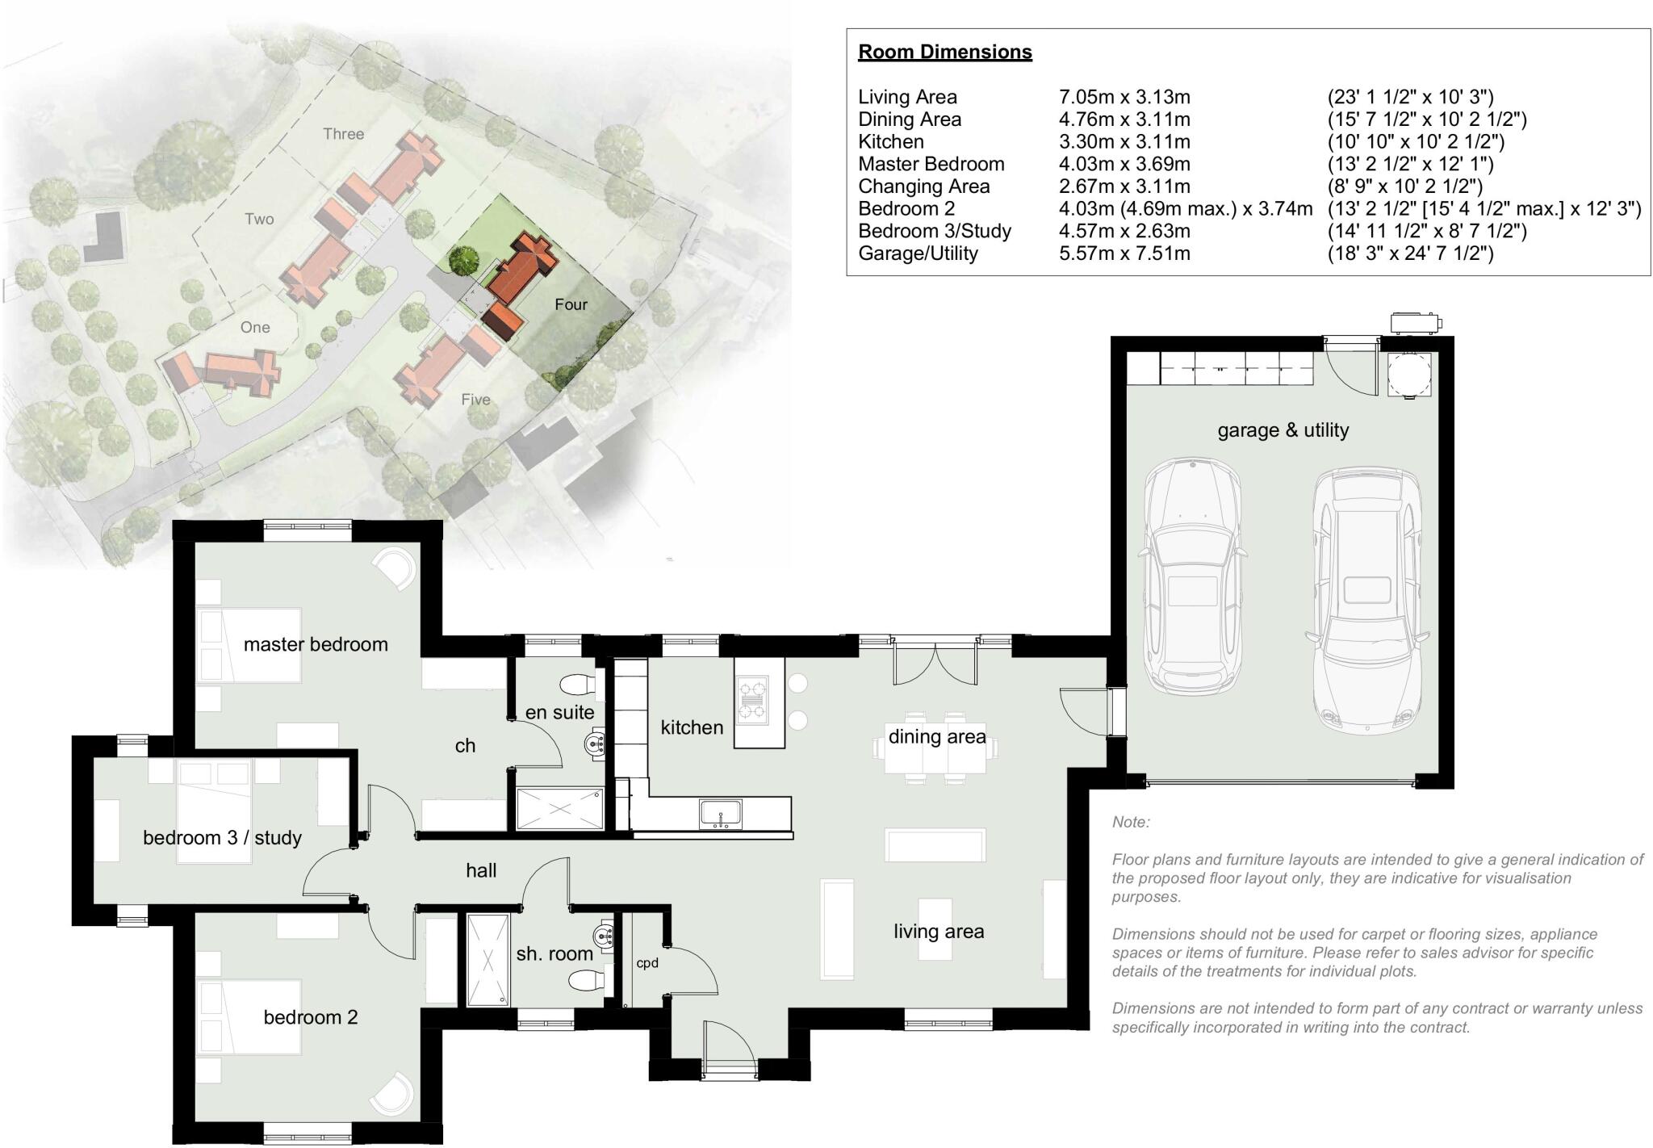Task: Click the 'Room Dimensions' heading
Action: pyautogui.click(x=944, y=52)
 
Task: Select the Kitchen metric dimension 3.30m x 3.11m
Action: pyautogui.click(x=1124, y=142)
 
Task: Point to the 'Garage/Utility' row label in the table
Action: pyautogui.click(x=918, y=253)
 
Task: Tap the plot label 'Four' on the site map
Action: pyautogui.click(x=571, y=304)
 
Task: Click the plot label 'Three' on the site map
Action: pyautogui.click(x=343, y=134)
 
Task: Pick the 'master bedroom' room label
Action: pyautogui.click(x=316, y=644)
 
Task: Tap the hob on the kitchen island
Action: pyautogui.click(x=752, y=700)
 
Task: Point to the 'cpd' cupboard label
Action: pyautogui.click(x=647, y=963)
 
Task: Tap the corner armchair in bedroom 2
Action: pyautogui.click(x=395, y=1094)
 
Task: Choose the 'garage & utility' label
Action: pyautogui.click(x=1283, y=430)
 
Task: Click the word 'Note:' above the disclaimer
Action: pyautogui.click(x=1130, y=822)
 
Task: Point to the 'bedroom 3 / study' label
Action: pyautogui.click(x=222, y=838)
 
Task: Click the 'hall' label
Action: pyautogui.click(x=481, y=870)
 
